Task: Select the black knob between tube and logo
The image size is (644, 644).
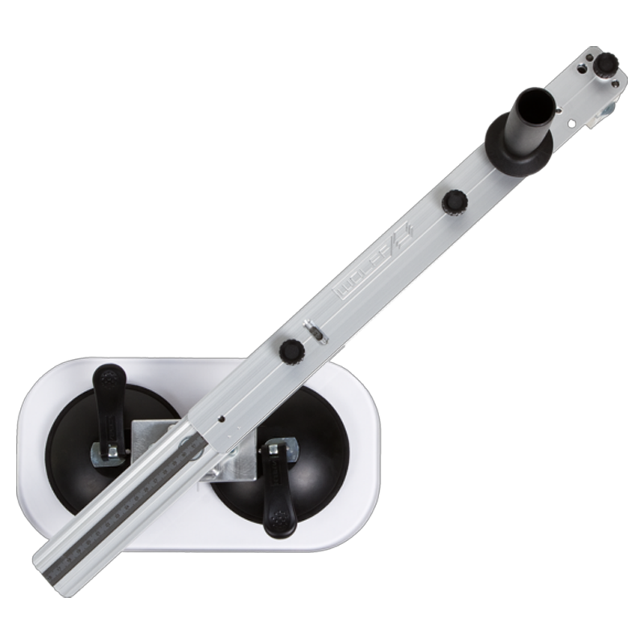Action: click(454, 201)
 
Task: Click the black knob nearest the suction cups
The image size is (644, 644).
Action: click(291, 351)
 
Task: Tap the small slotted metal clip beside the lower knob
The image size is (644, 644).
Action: click(315, 331)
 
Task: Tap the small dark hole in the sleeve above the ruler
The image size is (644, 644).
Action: click(220, 418)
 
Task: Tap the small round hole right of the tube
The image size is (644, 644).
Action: click(571, 123)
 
